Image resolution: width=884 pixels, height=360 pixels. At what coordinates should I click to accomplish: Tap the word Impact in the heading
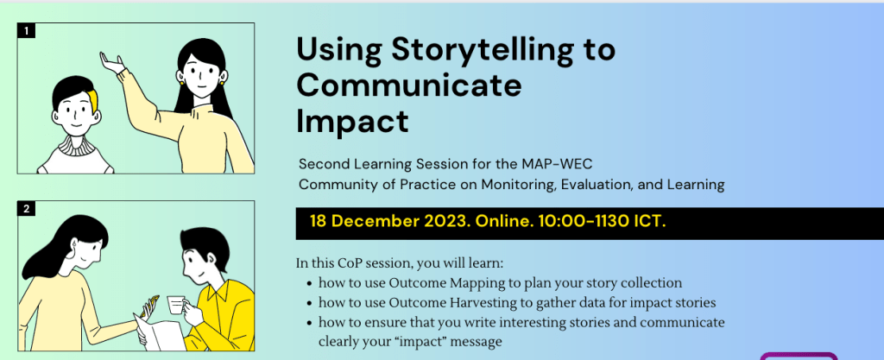click(x=352, y=121)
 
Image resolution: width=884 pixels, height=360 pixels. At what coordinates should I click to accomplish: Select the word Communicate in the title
click(x=409, y=85)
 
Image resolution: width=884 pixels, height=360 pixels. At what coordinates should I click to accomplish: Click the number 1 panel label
click(x=26, y=30)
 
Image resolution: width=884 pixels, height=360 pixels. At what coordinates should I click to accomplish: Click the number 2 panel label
click(x=26, y=209)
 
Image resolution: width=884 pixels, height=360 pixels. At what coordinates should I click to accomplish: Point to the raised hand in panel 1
click(x=112, y=62)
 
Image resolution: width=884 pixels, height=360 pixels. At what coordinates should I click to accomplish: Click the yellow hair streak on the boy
click(x=92, y=101)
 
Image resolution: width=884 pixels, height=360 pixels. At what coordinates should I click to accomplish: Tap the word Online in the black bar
click(x=503, y=221)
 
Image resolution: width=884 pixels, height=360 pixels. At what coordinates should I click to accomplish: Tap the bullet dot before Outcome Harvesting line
click(x=310, y=304)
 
